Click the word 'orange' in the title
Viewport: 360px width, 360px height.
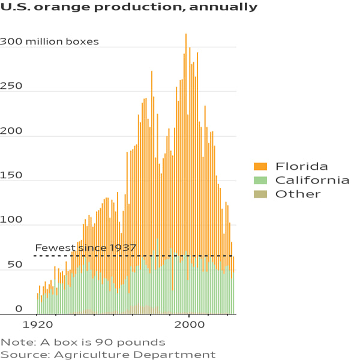pyautogui.click(x=62, y=7)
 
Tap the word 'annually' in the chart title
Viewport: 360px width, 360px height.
pyautogui.click(x=223, y=7)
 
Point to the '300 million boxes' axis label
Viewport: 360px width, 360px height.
pyautogui.click(x=49, y=41)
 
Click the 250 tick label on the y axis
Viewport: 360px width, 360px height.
pyautogui.click(x=11, y=86)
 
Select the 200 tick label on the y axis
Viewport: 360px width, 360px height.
pyautogui.click(x=11, y=131)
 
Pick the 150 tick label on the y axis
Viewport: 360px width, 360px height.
pyautogui.click(x=11, y=175)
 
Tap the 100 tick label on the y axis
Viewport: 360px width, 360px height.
pyautogui.click(x=11, y=220)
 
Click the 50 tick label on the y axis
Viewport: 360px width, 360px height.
pyautogui.click(x=15, y=265)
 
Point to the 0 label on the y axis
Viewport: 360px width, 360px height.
pyautogui.click(x=19, y=309)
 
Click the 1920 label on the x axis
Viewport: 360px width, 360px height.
pyautogui.click(x=38, y=325)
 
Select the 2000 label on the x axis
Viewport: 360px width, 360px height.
pyautogui.click(x=189, y=325)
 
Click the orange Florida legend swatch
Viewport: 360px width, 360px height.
pyautogui.click(x=260, y=166)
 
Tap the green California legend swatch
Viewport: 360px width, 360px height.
pyautogui.click(x=260, y=180)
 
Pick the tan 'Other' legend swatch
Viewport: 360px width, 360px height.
pyautogui.click(x=260, y=194)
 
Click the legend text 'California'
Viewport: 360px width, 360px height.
pyautogui.click(x=312, y=180)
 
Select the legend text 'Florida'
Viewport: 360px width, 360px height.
pyautogui.click(x=301, y=166)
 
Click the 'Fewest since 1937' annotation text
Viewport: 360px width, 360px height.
pyautogui.click(x=86, y=248)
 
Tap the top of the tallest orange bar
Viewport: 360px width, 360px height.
pyautogui.click(x=186, y=34)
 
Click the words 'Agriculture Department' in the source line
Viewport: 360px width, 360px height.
pyautogui.click(x=135, y=355)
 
